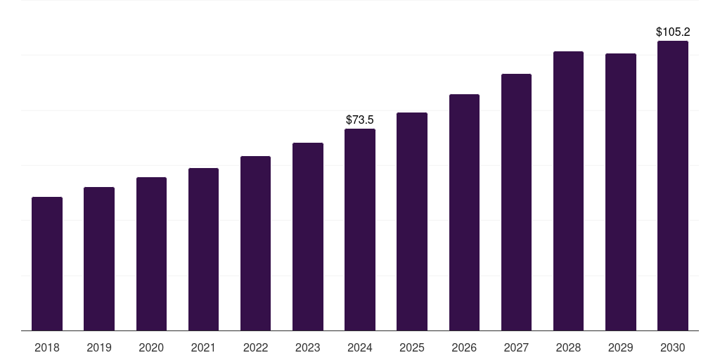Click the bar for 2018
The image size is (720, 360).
click(47, 264)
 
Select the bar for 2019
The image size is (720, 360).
click(99, 259)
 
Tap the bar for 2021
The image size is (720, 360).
click(203, 250)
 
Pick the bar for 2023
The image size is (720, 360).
click(308, 237)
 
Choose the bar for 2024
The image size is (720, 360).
click(360, 230)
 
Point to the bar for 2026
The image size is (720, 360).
click(464, 212)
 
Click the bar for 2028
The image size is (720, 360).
click(568, 191)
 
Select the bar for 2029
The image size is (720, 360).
click(620, 192)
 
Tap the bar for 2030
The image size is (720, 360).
click(673, 186)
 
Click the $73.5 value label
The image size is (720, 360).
click(360, 120)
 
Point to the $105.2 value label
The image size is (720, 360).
click(673, 32)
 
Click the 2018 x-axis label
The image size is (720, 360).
click(47, 347)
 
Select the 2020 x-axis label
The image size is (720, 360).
click(151, 347)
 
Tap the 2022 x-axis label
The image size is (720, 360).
click(255, 347)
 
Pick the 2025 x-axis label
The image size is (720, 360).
click(412, 347)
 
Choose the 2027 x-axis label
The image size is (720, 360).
click(516, 347)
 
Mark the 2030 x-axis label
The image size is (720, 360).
click(673, 347)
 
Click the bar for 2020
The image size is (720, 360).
click(151, 254)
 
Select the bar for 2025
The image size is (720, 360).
click(412, 221)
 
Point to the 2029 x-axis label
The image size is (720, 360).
click(620, 347)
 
